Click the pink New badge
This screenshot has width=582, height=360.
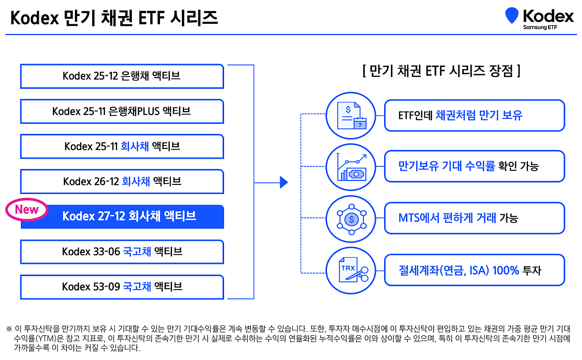click(27, 210)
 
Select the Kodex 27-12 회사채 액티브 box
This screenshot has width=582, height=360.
click(129, 216)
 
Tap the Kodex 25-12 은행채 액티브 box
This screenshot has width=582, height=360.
click(122, 76)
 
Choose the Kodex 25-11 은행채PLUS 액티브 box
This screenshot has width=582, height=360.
click(122, 111)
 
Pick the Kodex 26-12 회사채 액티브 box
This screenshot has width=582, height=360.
click(122, 181)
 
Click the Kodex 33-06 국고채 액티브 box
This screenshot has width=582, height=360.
click(122, 252)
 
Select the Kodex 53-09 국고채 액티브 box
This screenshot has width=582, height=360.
click(122, 287)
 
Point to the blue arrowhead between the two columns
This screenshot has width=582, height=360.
click(284, 182)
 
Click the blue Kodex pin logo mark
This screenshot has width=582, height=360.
click(512, 16)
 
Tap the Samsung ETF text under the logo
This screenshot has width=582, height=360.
click(540, 28)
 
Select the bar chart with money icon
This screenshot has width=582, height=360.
click(351, 167)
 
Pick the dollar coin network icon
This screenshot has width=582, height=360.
click(351, 219)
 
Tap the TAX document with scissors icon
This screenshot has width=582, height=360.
click(351, 270)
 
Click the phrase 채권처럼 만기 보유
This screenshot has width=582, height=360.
click(479, 115)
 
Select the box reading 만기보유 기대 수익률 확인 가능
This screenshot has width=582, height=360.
click(474, 166)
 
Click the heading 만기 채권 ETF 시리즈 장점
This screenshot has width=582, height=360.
click(441, 72)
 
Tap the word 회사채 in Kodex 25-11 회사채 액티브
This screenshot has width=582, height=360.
click(134, 147)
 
